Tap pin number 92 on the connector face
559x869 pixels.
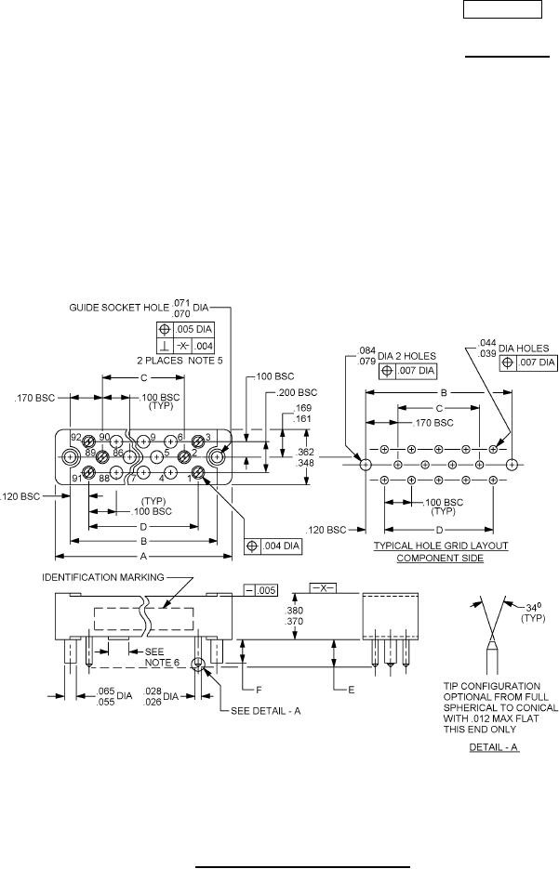click(x=75, y=436)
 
